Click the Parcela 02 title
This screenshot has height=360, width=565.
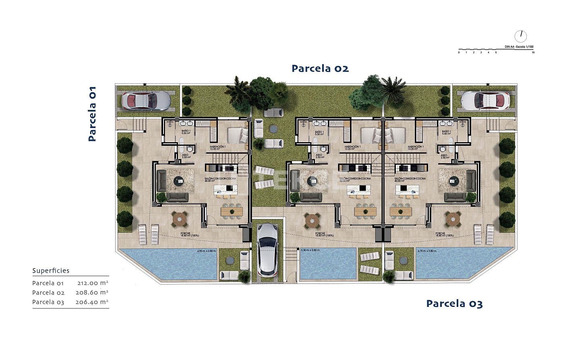click(x=320, y=68)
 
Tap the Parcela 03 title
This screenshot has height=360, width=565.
click(x=454, y=303)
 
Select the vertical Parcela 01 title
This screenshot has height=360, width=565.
click(x=92, y=114)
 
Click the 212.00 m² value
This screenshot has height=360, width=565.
click(x=93, y=283)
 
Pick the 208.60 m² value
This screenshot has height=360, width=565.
click(x=93, y=293)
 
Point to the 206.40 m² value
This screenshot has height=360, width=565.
click(x=92, y=302)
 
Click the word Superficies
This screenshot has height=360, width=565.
click(x=51, y=271)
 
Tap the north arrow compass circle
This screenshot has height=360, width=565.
click(x=521, y=36)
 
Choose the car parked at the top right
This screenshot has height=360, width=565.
click(x=485, y=100)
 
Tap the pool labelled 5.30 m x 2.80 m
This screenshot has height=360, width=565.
click(x=328, y=264)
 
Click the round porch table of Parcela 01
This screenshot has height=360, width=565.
click(x=179, y=219)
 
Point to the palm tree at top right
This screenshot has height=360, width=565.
click(x=391, y=89)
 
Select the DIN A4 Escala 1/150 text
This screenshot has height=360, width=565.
click(x=519, y=47)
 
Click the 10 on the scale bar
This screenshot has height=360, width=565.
click(x=533, y=52)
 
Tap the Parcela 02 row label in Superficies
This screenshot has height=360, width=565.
click(x=48, y=293)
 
